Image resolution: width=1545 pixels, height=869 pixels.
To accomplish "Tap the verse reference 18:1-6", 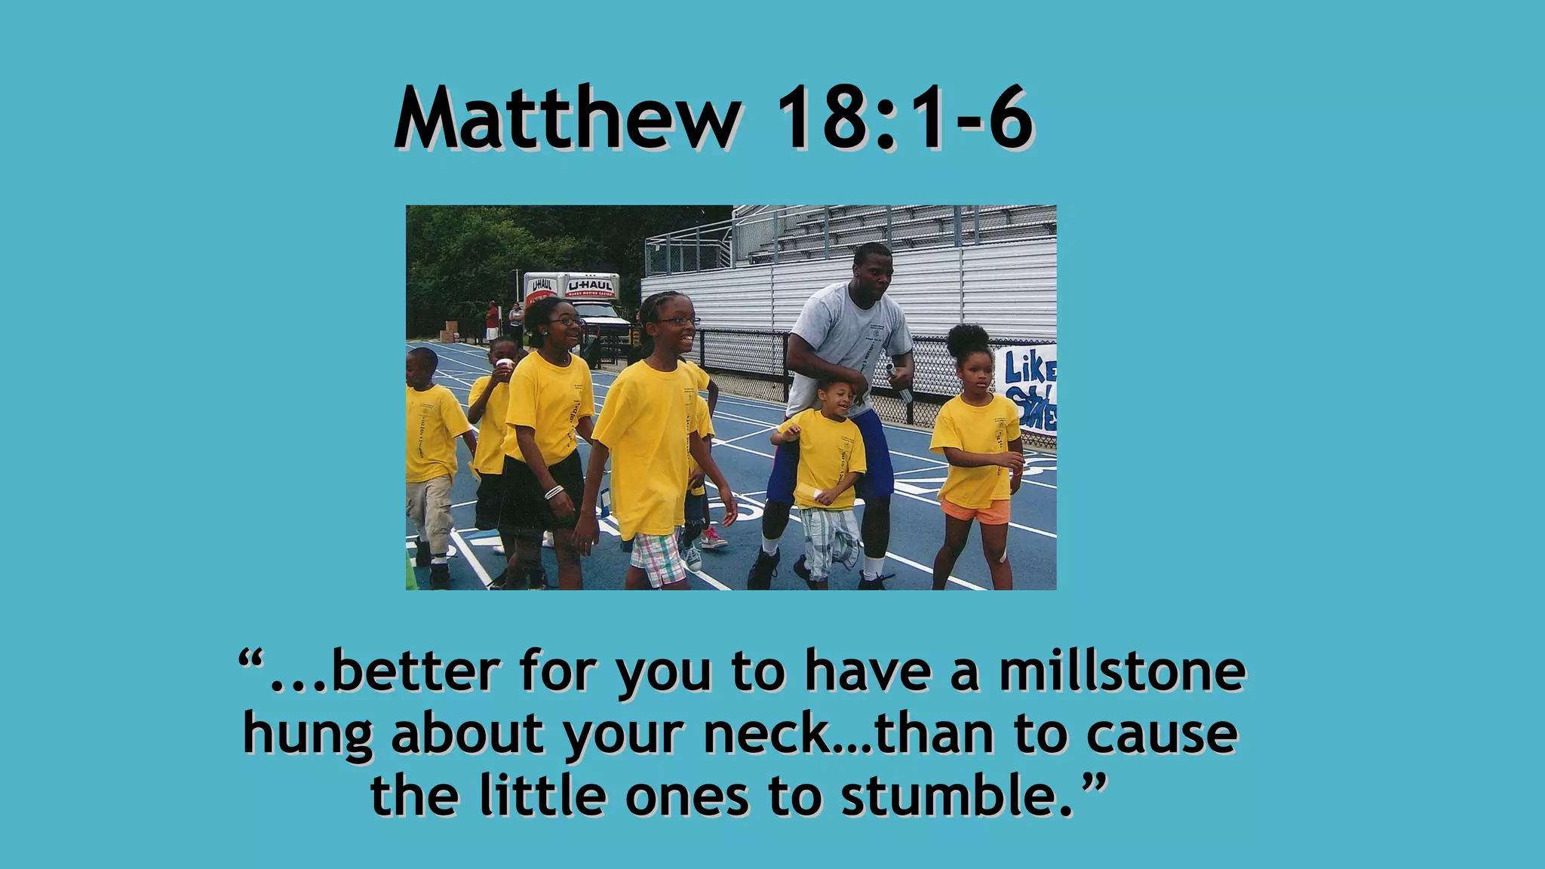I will pyautogui.click(x=904, y=118).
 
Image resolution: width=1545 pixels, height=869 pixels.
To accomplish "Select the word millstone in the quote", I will pyautogui.click(x=1122, y=671).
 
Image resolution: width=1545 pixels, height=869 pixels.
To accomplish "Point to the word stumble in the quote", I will pyautogui.click(x=954, y=796).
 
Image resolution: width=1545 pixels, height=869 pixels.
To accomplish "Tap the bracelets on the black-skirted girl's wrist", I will pyautogui.click(x=554, y=492).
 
